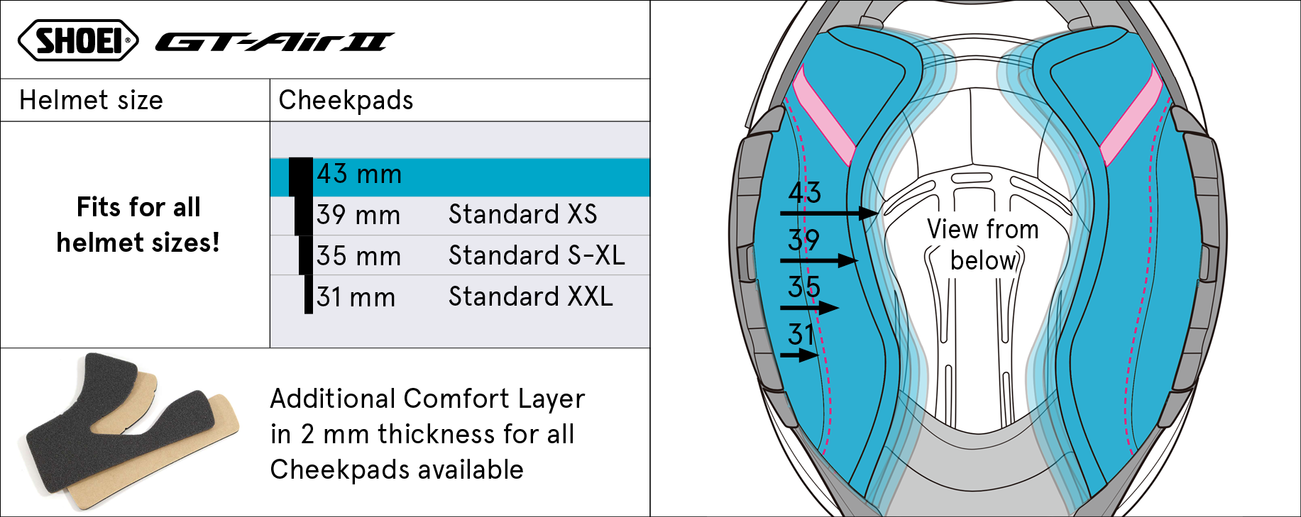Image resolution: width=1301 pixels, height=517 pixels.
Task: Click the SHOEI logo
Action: pos(78,40)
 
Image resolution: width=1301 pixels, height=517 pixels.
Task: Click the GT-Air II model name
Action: pos(275,43)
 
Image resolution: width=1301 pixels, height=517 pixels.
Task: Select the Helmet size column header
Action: pos(91,100)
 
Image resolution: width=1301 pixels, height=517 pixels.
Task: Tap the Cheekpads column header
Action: pos(346,100)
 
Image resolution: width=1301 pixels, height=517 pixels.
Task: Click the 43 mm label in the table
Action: pos(359,174)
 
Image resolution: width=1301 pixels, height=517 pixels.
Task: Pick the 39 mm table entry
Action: pos(358,215)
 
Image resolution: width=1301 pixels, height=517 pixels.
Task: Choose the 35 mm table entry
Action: pos(358,256)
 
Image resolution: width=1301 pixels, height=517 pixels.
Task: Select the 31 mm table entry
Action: pos(356,297)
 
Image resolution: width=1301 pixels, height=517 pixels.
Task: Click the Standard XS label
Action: pos(522,214)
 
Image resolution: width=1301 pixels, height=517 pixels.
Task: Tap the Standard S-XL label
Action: pos(537,255)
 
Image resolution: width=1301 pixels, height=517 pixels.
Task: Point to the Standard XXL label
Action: pos(530,296)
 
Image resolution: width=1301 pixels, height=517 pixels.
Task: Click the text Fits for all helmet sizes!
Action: pos(138,225)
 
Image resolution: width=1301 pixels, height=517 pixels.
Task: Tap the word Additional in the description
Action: pos(333,399)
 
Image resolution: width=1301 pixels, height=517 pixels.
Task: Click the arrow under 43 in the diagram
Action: pos(829,213)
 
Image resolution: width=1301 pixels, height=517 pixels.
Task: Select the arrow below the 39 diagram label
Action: pos(819,261)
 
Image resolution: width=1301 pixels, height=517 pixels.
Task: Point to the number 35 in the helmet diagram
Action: pos(804,287)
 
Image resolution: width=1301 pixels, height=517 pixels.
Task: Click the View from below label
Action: pos(983,245)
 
